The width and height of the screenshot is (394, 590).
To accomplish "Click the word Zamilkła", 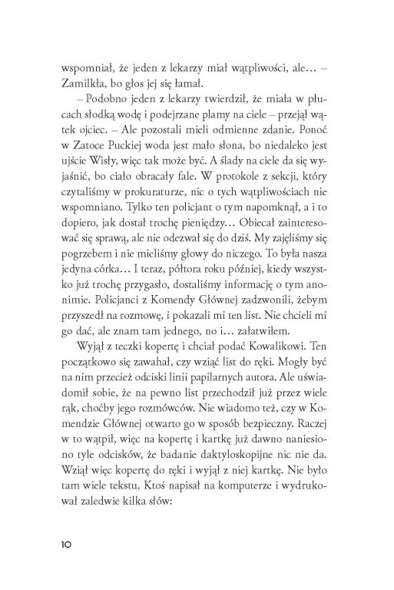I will (81, 85).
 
